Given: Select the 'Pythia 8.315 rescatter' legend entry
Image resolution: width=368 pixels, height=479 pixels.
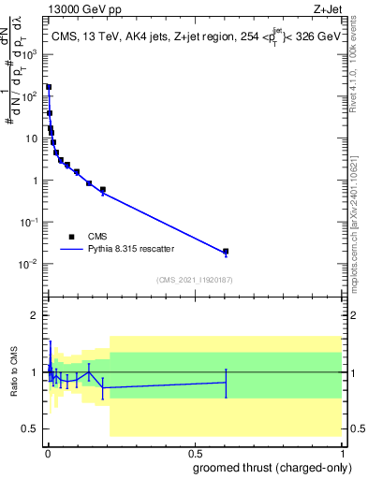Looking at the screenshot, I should [x=131, y=249].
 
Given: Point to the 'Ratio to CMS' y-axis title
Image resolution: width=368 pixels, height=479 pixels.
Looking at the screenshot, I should [x=15, y=371].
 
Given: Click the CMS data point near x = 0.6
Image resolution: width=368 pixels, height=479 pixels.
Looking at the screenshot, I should [x=226, y=252].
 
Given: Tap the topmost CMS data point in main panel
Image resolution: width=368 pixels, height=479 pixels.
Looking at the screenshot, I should [x=49, y=87].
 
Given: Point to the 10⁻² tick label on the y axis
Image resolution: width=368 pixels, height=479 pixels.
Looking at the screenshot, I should [x=28, y=264].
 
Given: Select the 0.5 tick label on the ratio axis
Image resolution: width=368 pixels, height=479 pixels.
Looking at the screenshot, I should [x=31, y=428].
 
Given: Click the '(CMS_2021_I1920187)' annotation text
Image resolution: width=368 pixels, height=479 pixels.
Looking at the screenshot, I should [x=194, y=280].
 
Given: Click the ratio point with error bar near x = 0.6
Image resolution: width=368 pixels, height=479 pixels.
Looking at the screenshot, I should [x=226, y=382].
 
